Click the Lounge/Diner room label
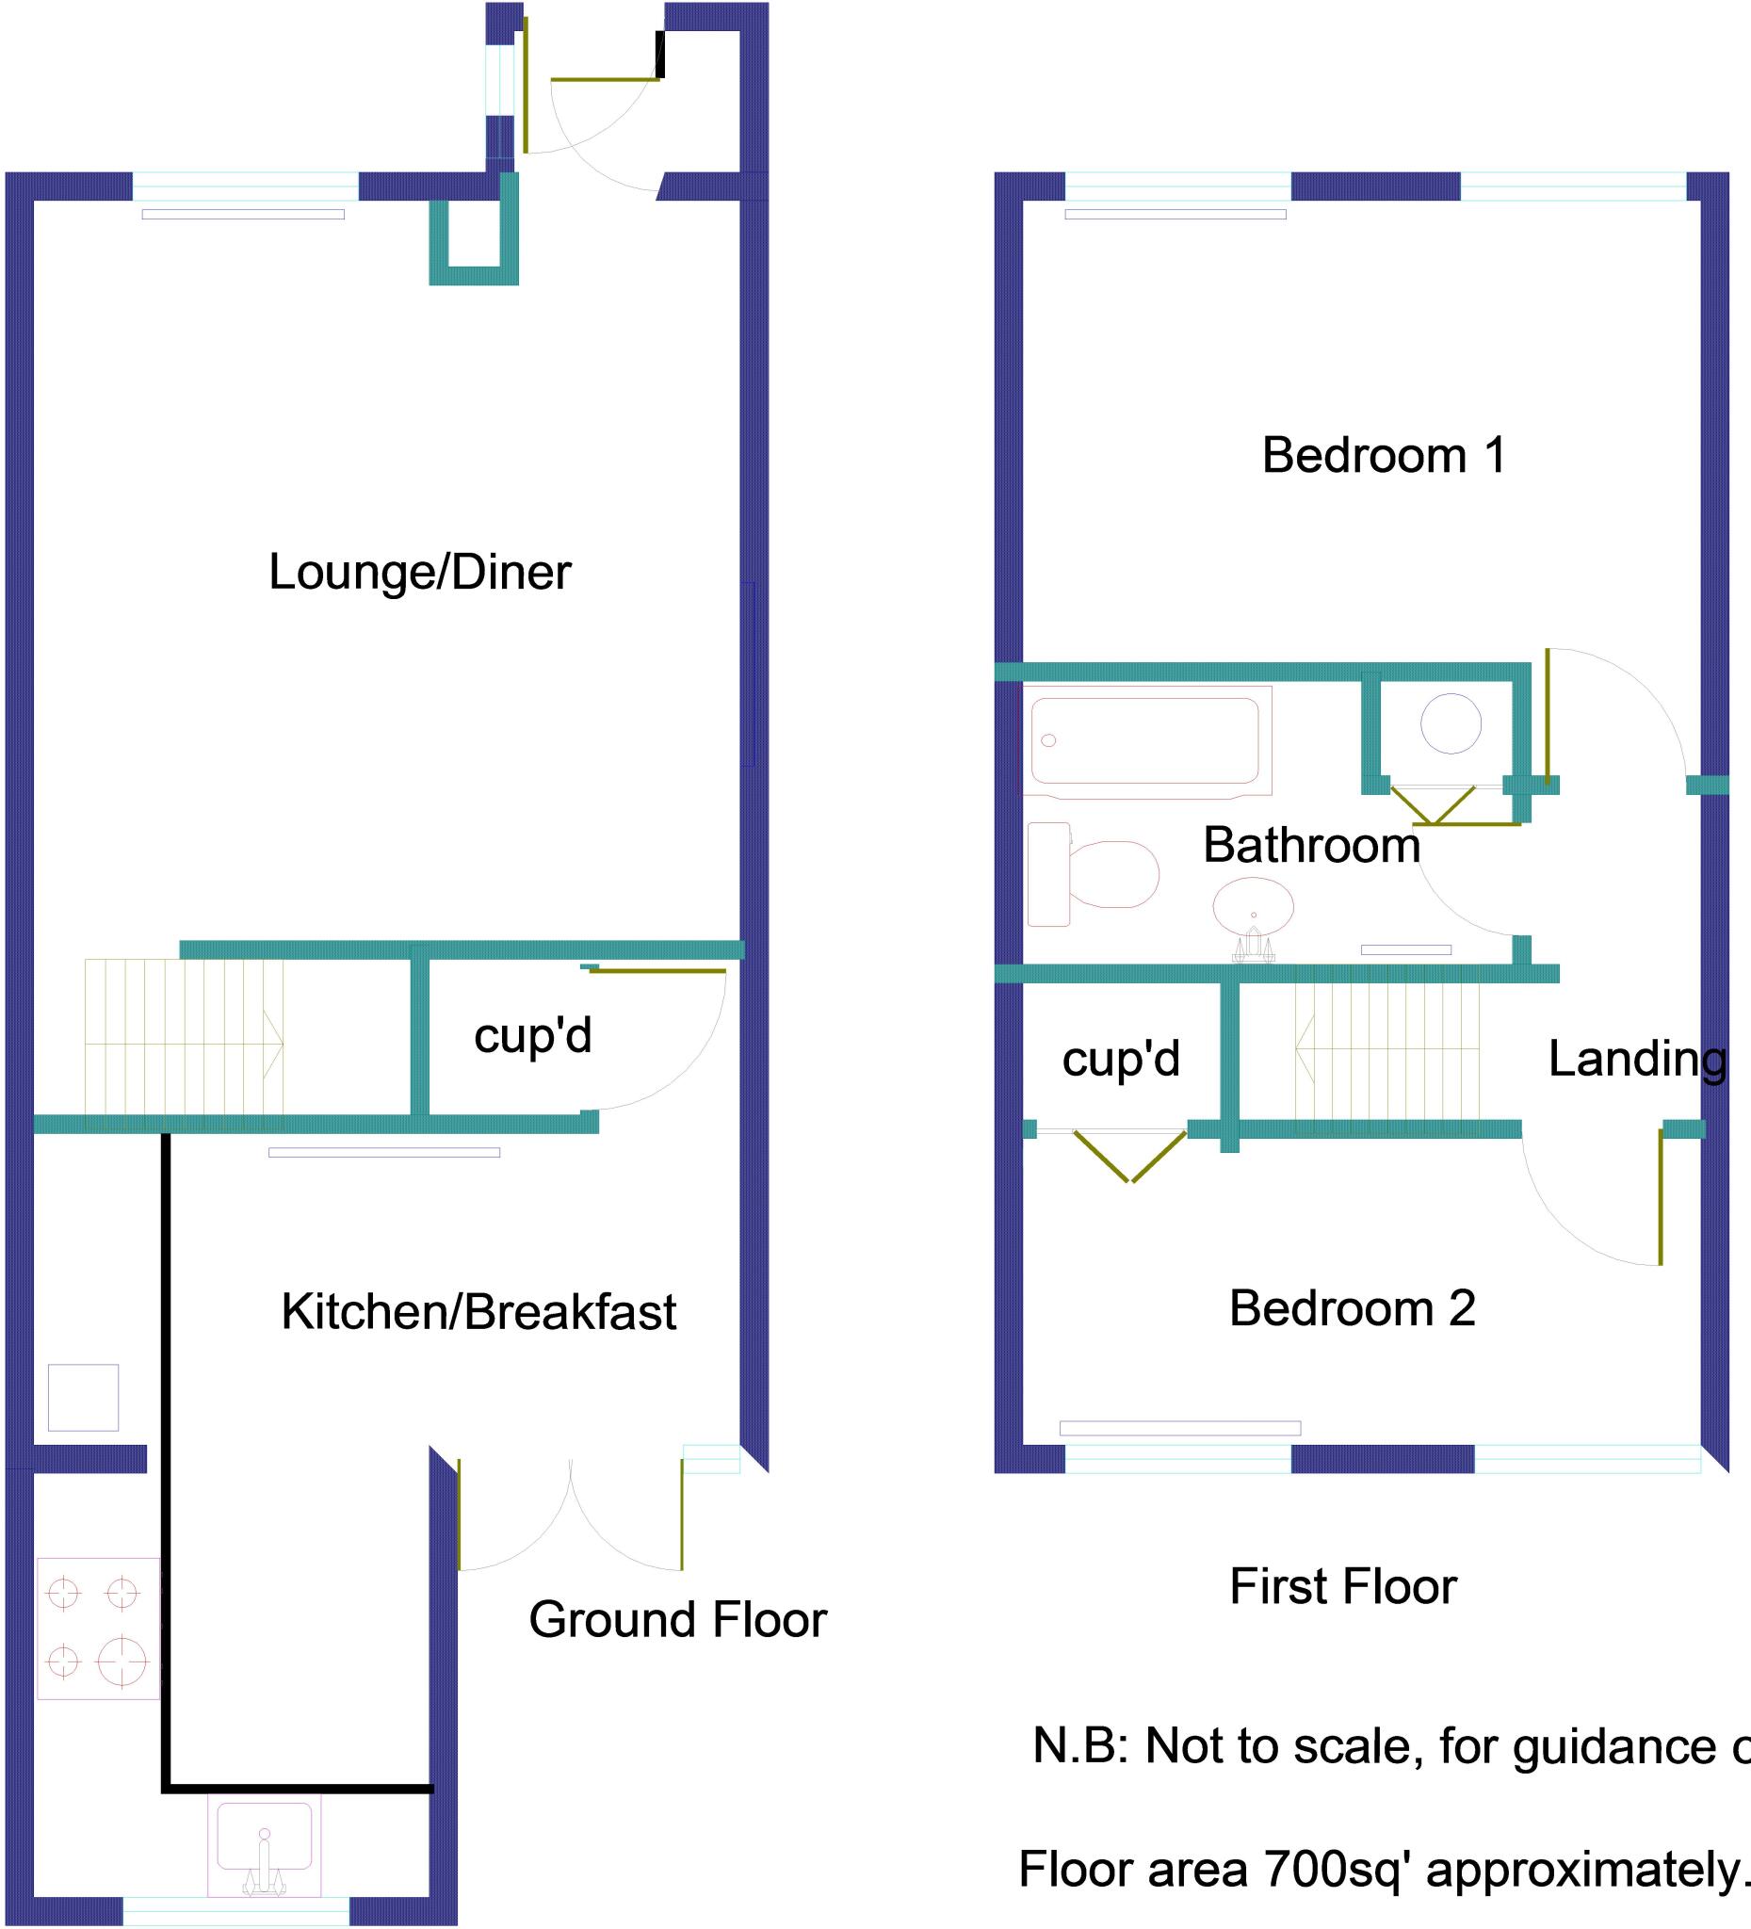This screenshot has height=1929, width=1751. click(x=419, y=572)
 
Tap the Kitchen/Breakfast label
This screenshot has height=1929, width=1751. click(x=478, y=1311)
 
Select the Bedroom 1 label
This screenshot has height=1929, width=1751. click(x=1384, y=455)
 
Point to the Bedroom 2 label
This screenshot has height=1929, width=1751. click(x=1352, y=1308)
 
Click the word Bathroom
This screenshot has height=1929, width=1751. click(x=1311, y=845)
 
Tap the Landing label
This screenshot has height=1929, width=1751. click(x=1637, y=1059)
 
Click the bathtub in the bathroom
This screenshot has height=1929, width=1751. click(x=1145, y=740)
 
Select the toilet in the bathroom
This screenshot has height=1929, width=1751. click(x=1094, y=873)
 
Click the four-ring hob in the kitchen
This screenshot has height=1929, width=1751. click(x=98, y=1628)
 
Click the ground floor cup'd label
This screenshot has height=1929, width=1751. click(x=533, y=1035)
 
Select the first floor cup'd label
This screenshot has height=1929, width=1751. click(x=1121, y=1059)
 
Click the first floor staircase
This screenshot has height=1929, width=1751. click(x=1387, y=1048)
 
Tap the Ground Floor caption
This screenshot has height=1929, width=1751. click(x=677, y=1619)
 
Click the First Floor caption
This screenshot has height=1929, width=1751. click(x=1342, y=1586)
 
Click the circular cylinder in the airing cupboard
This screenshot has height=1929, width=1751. click(x=1451, y=723)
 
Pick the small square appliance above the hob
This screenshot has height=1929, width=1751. click(x=83, y=1397)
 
